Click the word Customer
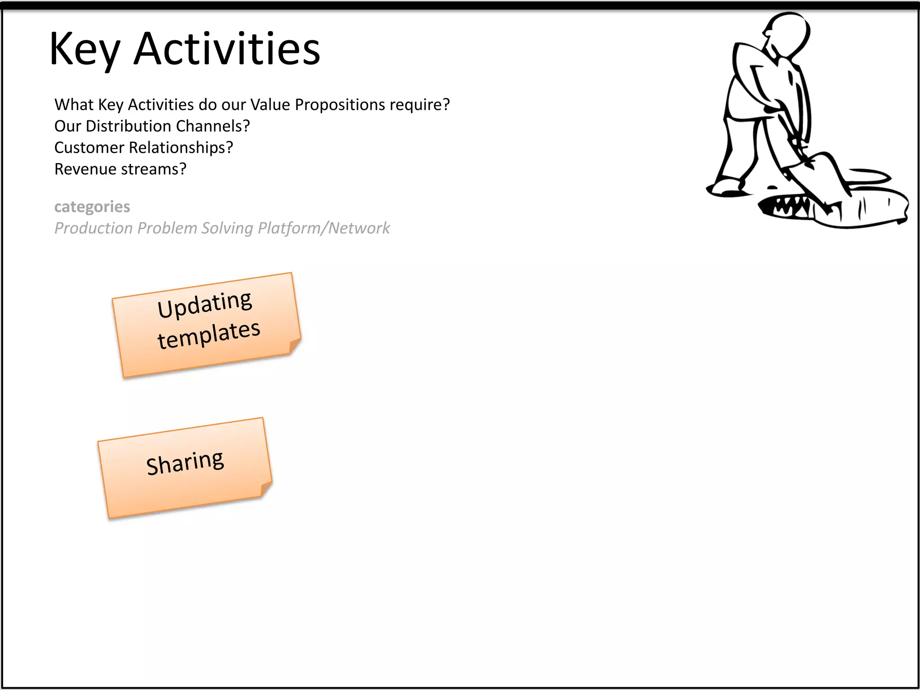(89, 148)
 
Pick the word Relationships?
(181, 148)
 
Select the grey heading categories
(92, 207)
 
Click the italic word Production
(93, 228)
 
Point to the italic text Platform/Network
(323, 228)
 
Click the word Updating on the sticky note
(204, 304)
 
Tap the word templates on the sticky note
(208, 334)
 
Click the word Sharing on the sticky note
(185, 462)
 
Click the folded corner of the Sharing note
(266, 488)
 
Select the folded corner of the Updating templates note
(295, 345)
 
